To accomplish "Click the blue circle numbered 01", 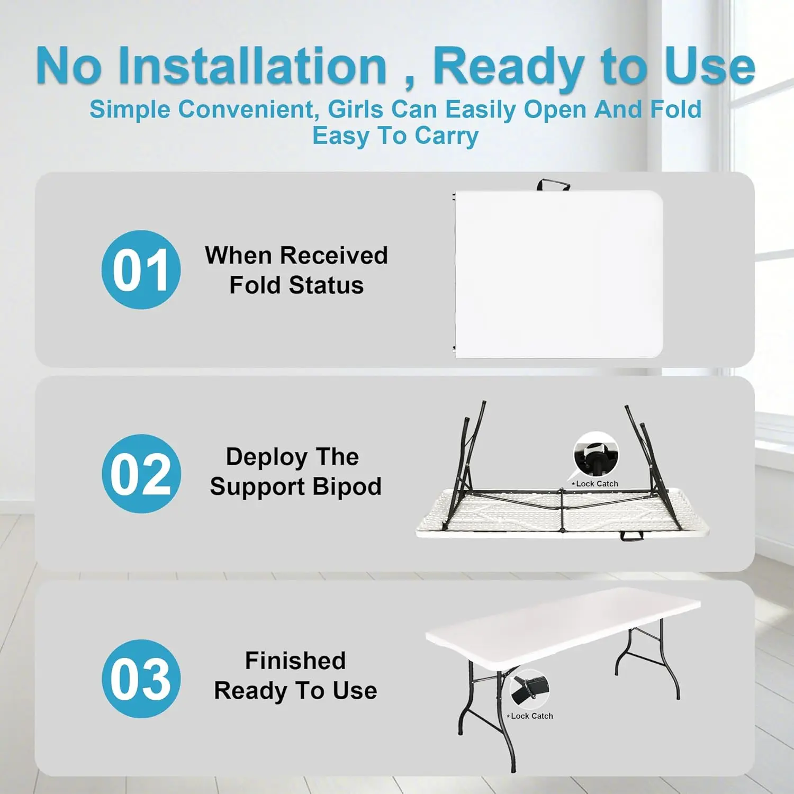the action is (141, 269).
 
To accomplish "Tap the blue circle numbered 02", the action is (141, 474).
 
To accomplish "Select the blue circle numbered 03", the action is (141, 679).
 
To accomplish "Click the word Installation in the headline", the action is (254, 66).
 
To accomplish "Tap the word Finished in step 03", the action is (295, 661).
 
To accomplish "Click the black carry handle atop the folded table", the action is (553, 185).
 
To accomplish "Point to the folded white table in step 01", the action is (558, 274).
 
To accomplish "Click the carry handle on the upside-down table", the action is (632, 536).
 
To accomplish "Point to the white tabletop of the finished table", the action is (563, 625).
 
